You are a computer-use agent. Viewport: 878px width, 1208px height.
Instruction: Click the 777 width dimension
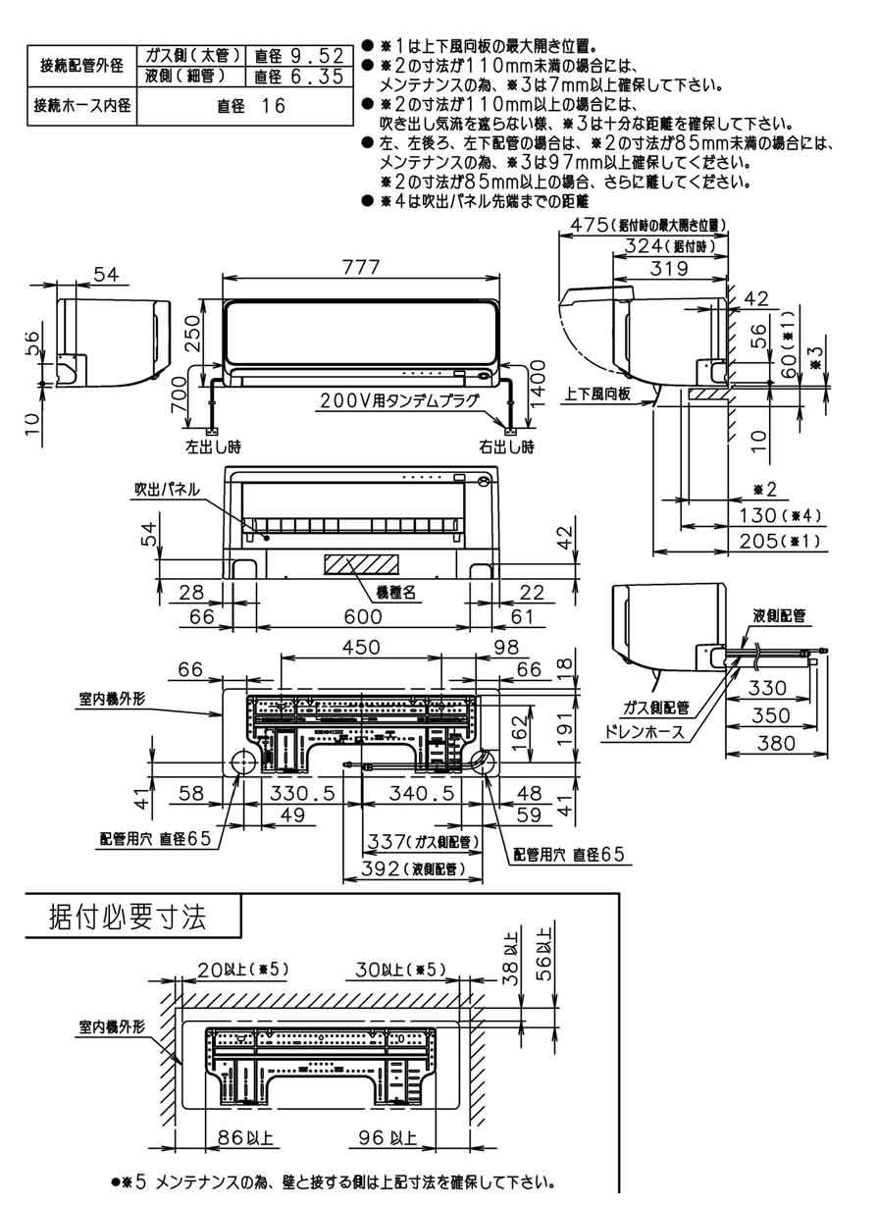coord(362,267)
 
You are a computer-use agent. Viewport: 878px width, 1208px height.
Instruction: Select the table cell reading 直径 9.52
coord(297,57)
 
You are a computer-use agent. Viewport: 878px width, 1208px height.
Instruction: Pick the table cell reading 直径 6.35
coord(297,76)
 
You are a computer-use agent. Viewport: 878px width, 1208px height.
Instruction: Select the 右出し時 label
coord(506,446)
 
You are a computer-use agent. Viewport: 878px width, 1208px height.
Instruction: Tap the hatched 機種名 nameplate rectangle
coord(362,565)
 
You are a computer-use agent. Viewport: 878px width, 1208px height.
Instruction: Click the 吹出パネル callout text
coord(168,489)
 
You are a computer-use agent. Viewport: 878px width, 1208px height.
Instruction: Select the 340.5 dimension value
coord(419,793)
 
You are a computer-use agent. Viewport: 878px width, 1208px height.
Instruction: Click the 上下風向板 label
coord(597,394)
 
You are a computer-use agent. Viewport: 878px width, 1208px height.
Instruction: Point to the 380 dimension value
coord(777,745)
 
